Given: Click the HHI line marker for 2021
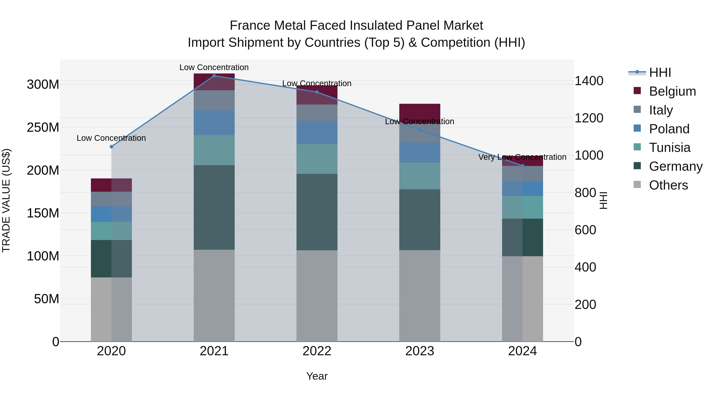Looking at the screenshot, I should (214, 76).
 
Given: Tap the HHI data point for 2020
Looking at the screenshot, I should (112, 147).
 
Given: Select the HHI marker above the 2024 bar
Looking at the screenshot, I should (522, 166).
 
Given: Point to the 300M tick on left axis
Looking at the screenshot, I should (43, 84).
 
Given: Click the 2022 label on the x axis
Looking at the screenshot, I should (317, 351).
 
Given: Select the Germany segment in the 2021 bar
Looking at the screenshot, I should (214, 207).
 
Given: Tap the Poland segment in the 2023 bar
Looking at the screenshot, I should (420, 152).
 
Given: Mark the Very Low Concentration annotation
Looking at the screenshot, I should (522, 157).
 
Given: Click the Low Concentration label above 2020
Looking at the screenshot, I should (111, 138).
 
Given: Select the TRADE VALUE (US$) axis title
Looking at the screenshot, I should (6, 200).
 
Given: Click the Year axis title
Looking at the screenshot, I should (317, 376).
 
